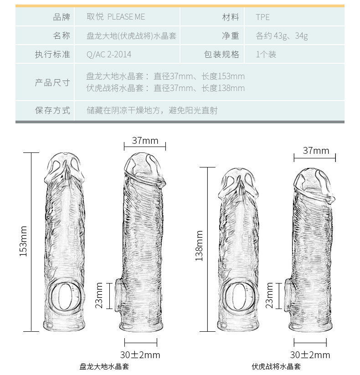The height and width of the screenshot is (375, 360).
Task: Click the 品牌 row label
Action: (x=62, y=17)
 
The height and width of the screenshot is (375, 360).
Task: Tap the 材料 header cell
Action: (x=231, y=17)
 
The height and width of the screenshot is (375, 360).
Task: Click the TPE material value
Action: (x=263, y=17)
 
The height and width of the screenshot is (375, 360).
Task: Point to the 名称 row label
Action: (x=62, y=36)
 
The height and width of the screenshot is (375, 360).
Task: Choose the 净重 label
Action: (x=231, y=36)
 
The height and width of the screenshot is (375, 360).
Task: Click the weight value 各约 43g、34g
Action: (x=282, y=36)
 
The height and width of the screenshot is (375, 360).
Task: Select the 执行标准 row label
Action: (x=53, y=55)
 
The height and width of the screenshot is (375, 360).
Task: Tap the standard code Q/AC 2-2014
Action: (x=109, y=55)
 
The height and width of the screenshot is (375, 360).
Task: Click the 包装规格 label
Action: (x=222, y=55)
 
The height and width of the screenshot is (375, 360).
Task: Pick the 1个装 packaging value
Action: (x=266, y=55)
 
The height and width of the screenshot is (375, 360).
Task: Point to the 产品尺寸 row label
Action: (x=53, y=82)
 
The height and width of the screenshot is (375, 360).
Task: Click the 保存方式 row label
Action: (x=53, y=111)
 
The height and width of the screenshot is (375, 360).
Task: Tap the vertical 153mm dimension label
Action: (x=24, y=241)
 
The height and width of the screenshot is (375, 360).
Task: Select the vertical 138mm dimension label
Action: (x=199, y=246)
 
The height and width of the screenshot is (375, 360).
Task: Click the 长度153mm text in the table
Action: (x=223, y=76)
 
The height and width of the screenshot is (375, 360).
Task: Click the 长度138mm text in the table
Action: (x=223, y=88)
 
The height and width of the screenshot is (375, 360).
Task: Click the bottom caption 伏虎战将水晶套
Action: (x=277, y=367)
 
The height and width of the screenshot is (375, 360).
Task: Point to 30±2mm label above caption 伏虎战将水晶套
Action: (x=310, y=355)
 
